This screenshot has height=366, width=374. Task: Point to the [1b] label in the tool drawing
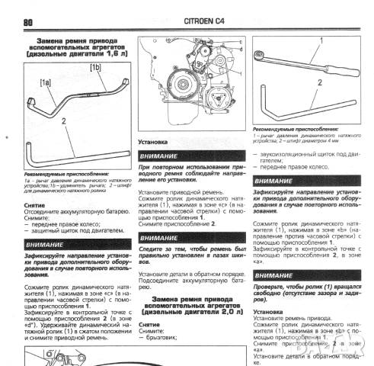pos(95,67)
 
